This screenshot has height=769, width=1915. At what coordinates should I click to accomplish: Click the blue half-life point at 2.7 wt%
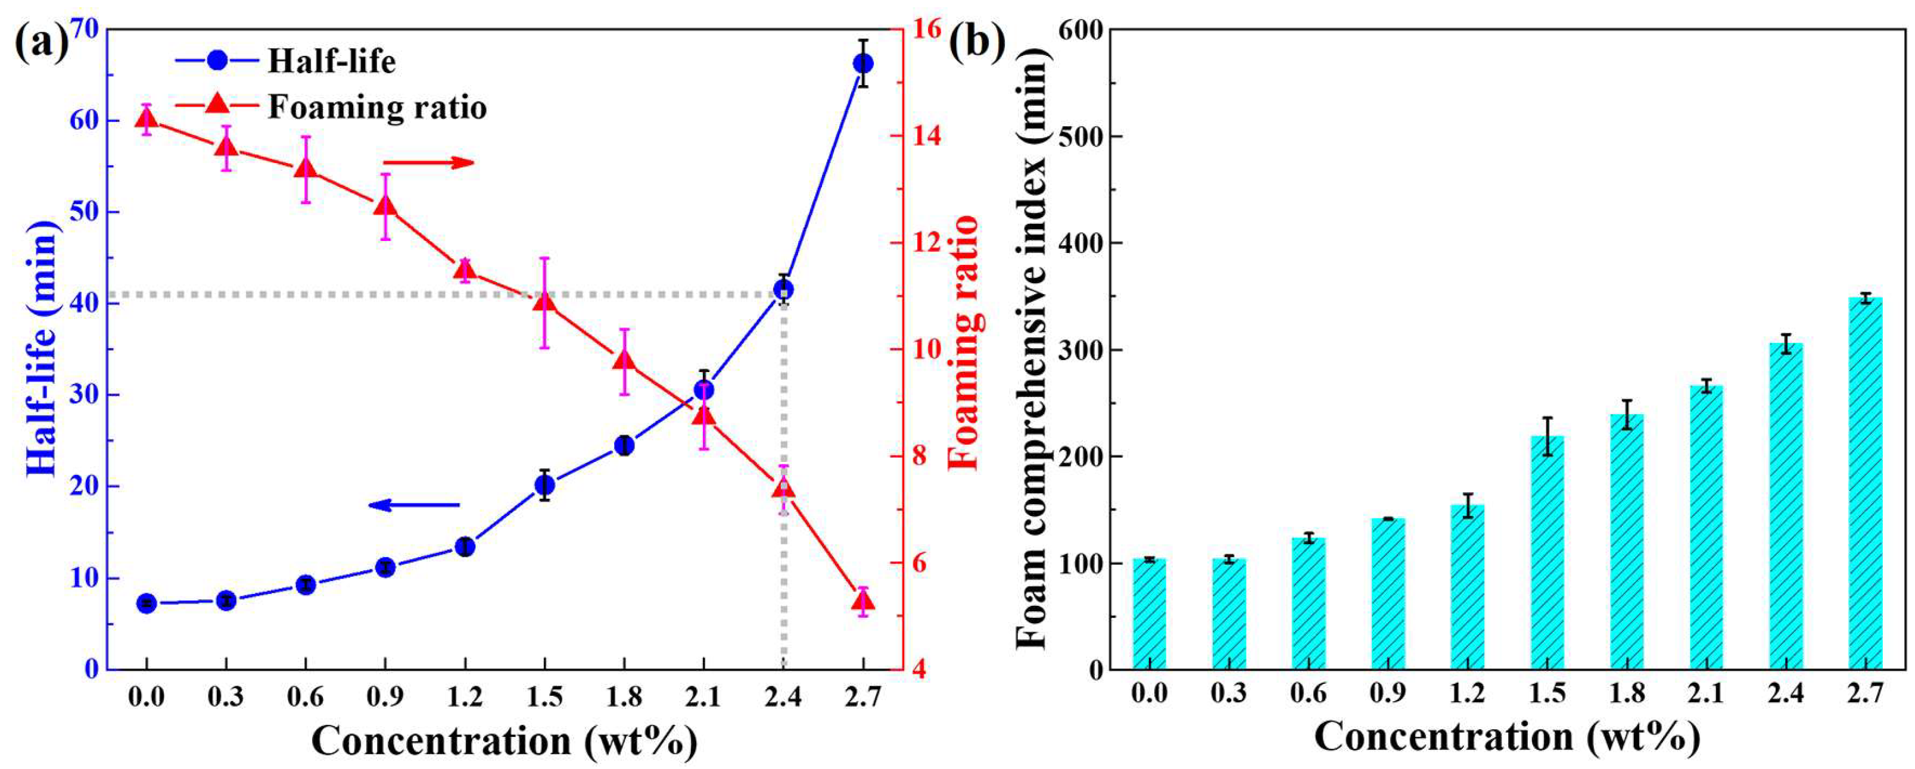click(x=862, y=64)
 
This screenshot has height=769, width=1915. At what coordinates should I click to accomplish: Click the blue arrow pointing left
click(x=414, y=505)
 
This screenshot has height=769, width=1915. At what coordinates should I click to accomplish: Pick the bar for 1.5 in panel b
click(x=1547, y=553)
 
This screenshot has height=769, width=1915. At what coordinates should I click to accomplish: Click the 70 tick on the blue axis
click(x=86, y=30)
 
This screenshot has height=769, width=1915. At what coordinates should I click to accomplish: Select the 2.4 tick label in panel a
click(x=783, y=697)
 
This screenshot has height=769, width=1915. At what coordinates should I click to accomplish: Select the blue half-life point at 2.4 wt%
click(x=783, y=290)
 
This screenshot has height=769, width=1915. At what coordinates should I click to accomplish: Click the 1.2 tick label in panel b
click(x=1468, y=694)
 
